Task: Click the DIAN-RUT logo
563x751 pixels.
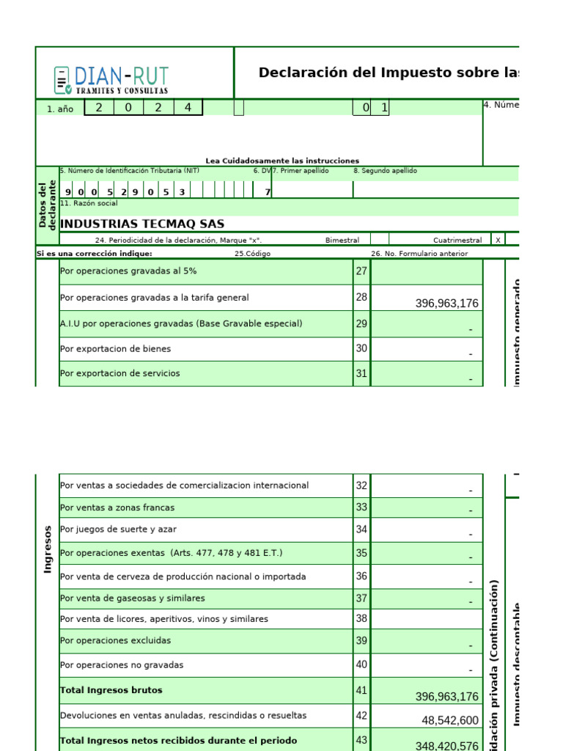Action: point(111,79)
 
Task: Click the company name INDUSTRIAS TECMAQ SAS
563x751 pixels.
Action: point(142,224)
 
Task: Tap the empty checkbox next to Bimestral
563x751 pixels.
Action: point(380,240)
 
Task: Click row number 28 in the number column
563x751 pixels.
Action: point(361,297)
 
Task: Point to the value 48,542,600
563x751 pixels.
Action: point(451,721)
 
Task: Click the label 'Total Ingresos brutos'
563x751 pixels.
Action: point(111,690)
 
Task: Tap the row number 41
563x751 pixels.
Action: point(361,690)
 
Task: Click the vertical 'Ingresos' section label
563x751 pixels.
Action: point(48,549)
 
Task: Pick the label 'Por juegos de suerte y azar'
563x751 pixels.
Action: point(118,529)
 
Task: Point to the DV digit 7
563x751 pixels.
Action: point(268,192)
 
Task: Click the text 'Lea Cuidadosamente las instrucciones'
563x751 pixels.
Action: point(282,161)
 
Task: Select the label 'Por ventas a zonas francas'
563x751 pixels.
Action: point(117,508)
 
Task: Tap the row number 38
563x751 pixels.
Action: point(361,618)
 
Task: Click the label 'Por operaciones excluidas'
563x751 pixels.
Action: point(115,640)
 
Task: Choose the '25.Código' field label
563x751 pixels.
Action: point(253,254)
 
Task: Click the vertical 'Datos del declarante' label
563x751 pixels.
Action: point(48,205)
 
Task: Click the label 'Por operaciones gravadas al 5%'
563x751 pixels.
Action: point(128,271)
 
